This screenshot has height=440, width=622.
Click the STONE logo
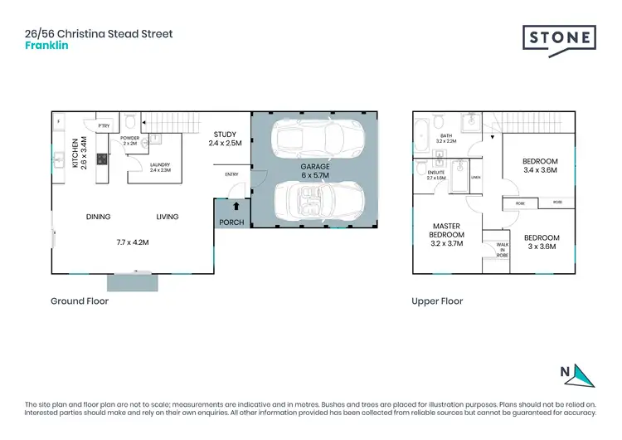coord(559,39)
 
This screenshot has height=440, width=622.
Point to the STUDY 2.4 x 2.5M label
coord(224,139)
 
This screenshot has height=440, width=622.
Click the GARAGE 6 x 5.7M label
coord(314,171)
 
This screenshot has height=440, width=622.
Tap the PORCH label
coord(232,222)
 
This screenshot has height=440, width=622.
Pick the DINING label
coord(98,217)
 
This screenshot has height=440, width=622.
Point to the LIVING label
coord(168,217)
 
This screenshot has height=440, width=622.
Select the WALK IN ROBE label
coord(502,249)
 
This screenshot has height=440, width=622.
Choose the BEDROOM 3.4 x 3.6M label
coord(540,165)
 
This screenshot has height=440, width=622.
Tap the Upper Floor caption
coord(437,301)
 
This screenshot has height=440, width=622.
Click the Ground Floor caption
coord(80,301)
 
